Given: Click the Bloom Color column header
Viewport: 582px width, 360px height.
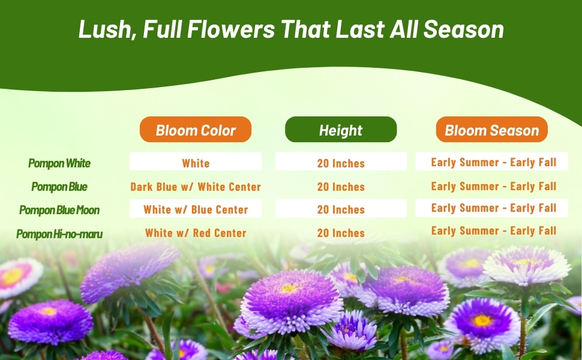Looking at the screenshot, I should coord(196,130).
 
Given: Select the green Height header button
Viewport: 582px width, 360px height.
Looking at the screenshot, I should coord(341,130).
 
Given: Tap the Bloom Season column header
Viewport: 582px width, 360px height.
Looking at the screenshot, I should coord(492,130).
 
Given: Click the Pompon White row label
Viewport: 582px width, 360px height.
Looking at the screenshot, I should coord(59,163).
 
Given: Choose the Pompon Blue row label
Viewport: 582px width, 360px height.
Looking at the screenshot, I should coord(59,187).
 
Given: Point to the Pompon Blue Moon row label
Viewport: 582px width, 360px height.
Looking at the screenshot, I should coord(59,210).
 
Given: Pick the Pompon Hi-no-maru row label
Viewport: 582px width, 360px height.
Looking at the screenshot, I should coord(59,234).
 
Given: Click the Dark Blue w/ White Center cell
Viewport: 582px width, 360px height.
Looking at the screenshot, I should coord(196,187).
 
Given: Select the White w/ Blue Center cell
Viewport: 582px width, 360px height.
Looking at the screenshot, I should coord(196,209).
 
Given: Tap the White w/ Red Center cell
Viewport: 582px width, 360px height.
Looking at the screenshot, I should coord(196,233).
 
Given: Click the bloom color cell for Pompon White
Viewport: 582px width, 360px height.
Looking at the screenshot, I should coord(196,163).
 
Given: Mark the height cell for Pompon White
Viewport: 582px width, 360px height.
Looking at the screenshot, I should coord(341,163).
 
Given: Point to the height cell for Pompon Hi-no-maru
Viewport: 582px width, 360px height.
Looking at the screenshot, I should coord(341,233).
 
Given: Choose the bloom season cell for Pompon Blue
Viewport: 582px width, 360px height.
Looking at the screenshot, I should coord(494,186).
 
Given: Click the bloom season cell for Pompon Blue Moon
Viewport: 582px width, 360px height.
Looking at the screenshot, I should coord(494,208).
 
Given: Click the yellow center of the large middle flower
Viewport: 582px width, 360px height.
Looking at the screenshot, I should coord(290,288).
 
